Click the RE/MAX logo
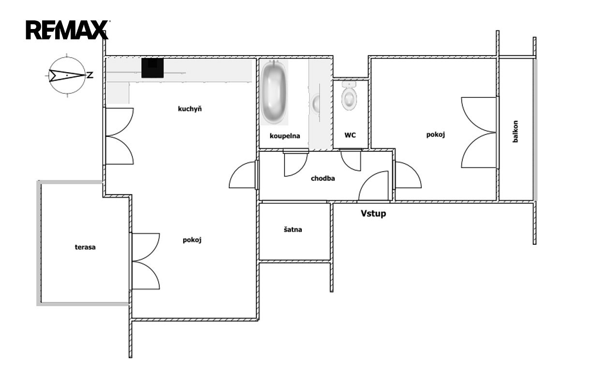(x=67, y=30)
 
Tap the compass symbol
(x=67, y=75)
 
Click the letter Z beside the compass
(x=90, y=75)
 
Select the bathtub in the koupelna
(x=274, y=92)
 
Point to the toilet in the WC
(x=349, y=96)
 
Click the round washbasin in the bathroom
(x=316, y=103)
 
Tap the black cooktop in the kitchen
(x=152, y=68)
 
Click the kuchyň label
(x=190, y=109)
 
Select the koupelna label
(x=285, y=136)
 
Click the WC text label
(x=350, y=135)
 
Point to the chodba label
(x=323, y=179)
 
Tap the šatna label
(x=293, y=229)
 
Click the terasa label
(x=85, y=247)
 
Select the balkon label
(x=516, y=132)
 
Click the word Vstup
(x=373, y=213)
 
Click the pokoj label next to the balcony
(x=436, y=134)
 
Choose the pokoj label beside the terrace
(x=192, y=240)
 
